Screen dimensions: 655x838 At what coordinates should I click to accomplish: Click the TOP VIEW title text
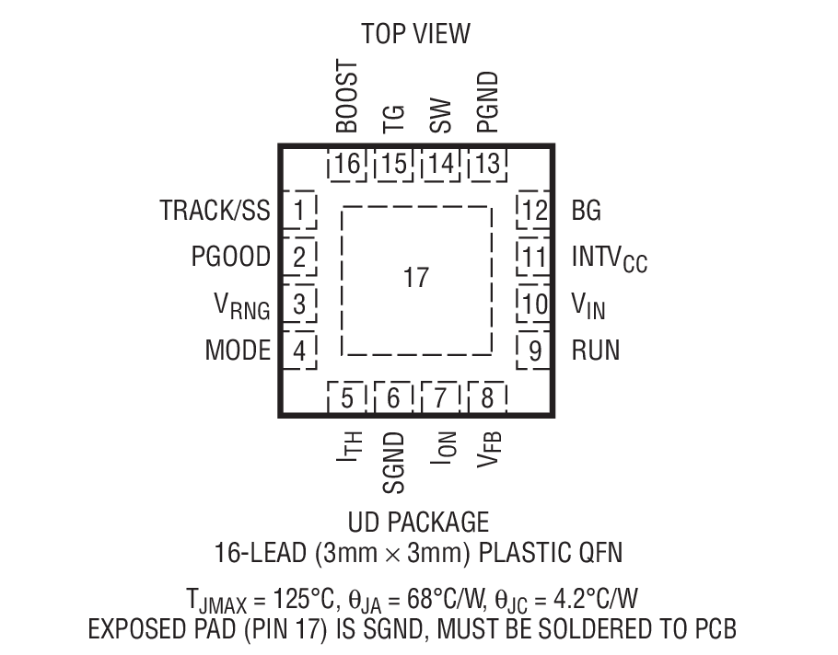pos(415,34)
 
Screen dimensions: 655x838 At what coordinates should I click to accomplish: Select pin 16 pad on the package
pos(347,165)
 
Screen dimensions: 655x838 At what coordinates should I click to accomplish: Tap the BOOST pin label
pos(347,98)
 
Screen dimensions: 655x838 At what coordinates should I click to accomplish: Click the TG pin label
pos(393,119)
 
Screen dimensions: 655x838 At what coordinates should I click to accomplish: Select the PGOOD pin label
pos(231,257)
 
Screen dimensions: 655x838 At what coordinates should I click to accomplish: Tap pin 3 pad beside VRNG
pos(298,304)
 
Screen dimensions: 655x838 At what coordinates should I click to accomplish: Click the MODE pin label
pos(238,350)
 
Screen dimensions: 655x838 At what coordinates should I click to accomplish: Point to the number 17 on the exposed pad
pos(416,278)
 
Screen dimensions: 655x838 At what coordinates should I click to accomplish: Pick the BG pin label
pos(586,211)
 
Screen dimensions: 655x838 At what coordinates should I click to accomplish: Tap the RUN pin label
pos(595,350)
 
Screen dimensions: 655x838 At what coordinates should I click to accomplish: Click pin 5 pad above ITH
pos(347,398)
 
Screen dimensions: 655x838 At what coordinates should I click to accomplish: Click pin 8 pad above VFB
pos(487,398)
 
